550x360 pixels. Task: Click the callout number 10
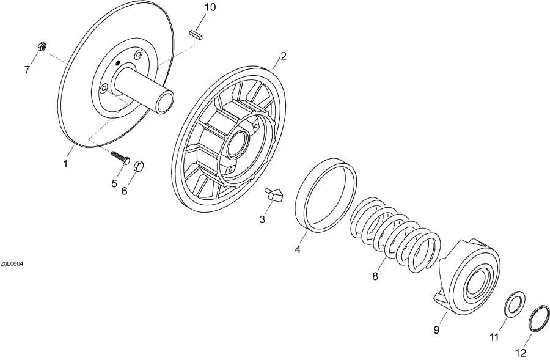[210, 7]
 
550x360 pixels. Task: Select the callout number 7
[27, 70]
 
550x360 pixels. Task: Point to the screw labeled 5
[120, 156]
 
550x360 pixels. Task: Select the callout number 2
[284, 57]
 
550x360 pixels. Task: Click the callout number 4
[298, 250]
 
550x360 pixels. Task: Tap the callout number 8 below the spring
[375, 276]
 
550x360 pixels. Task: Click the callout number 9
[437, 330]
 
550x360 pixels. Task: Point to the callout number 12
[521, 353]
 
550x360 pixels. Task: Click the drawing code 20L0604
[12, 264]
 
